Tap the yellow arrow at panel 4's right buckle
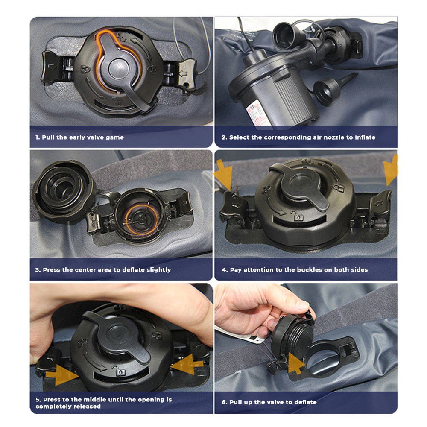pos(391,170)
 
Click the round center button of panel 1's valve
pos(119,69)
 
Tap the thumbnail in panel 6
pos(304,305)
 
